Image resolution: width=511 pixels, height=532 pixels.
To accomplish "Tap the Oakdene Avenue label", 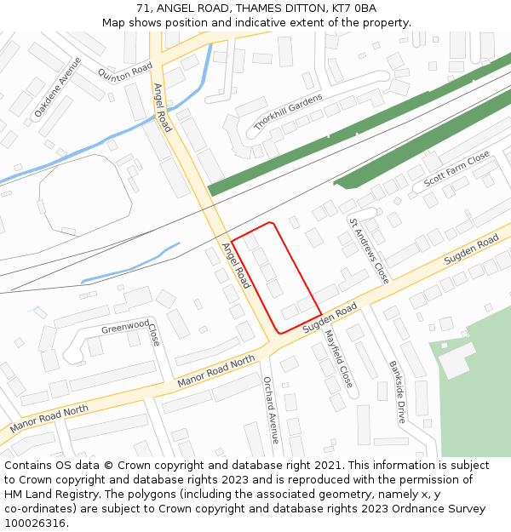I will pyautogui.click(x=58, y=88).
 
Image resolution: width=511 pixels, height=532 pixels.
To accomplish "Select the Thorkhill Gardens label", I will pyautogui.click(x=288, y=112).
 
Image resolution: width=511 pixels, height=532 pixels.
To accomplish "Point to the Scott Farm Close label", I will pyautogui.click(x=457, y=168).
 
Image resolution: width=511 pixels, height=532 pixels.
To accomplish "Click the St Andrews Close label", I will pyautogui.click(x=369, y=250).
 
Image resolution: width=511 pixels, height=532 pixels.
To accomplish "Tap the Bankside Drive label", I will pyautogui.click(x=398, y=392).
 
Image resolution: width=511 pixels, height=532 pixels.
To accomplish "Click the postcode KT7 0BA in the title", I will pyautogui.click(x=353, y=9).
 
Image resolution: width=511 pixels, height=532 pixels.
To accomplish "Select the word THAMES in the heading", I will pyautogui.click(x=247, y=9).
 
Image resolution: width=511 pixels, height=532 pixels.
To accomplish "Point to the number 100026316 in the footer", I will pyautogui.click(x=35, y=523).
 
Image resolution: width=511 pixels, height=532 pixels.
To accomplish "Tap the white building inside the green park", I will pyautogui.click(x=455, y=358).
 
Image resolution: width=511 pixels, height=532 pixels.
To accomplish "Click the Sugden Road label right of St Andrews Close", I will pyautogui.click(x=471, y=250).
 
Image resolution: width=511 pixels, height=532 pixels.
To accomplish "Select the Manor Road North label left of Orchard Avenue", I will pyautogui.click(x=216, y=372).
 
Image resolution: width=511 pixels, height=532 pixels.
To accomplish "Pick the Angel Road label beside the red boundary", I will pyautogui.click(x=235, y=264).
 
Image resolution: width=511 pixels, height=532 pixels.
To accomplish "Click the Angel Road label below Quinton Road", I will pyautogui.click(x=162, y=107).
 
